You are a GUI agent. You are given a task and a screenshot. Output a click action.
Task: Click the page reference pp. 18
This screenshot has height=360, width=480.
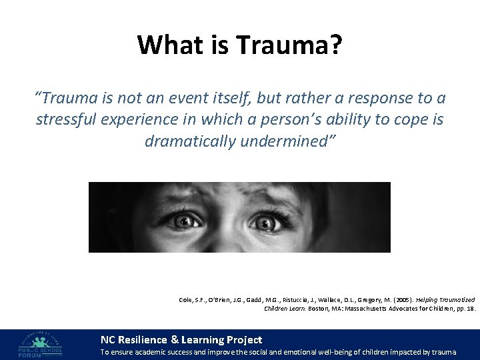465,309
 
